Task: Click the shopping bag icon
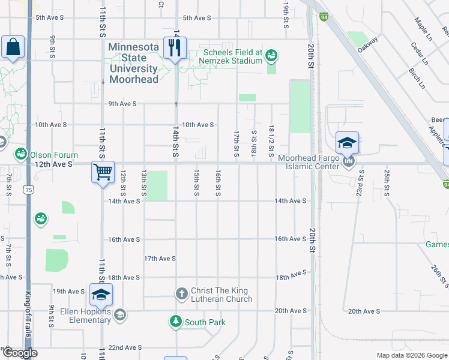pyautogui.click(x=13, y=47)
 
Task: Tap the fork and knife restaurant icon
pyautogui.click(x=175, y=48)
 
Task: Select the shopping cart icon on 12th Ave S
pyautogui.click(x=103, y=172)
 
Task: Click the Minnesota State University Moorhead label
pyautogui.click(x=134, y=63)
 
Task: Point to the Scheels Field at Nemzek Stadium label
pyautogui.click(x=233, y=56)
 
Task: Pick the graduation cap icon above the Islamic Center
pyautogui.click(x=347, y=143)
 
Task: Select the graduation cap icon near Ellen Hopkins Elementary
pyautogui.click(x=101, y=294)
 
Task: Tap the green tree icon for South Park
pyautogui.click(x=175, y=322)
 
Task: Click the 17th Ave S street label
pyautogui.click(x=160, y=259)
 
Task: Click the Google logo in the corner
pyautogui.click(x=20, y=353)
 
